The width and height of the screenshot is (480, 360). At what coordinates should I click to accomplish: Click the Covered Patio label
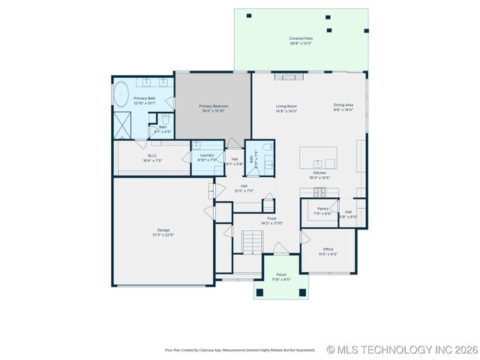point(301,37)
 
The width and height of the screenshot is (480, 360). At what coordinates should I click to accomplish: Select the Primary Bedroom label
point(214,106)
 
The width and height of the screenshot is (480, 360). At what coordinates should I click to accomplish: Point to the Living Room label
point(286,106)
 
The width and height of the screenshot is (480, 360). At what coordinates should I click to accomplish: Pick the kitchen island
point(317,158)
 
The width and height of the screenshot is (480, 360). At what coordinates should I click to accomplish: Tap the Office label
point(328,249)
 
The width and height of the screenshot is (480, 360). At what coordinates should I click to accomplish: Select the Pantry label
point(322,208)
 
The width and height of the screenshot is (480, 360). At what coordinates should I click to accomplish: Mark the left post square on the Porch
point(259,292)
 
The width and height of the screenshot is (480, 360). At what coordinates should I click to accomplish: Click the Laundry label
point(207,155)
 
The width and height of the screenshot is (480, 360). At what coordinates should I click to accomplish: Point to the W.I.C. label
point(152,156)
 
